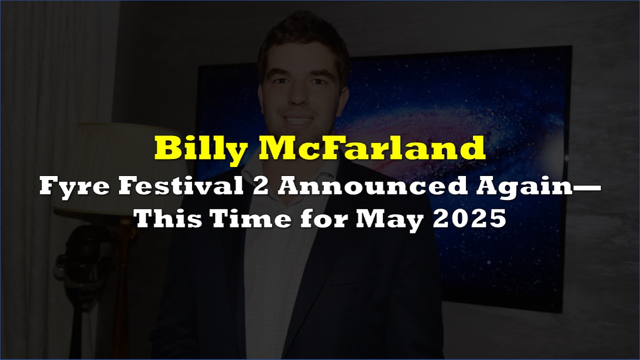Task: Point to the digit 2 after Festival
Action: [260, 187]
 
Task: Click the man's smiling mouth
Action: [298, 120]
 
